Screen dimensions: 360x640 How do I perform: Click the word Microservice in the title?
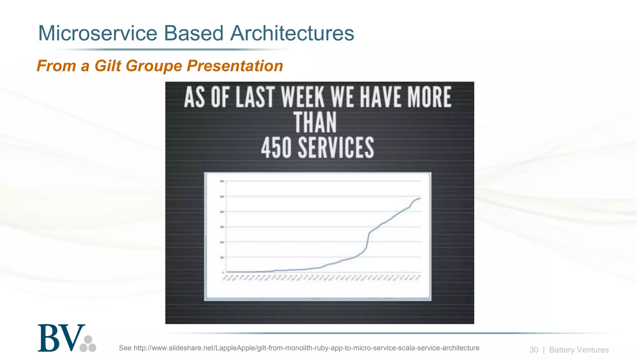(97, 33)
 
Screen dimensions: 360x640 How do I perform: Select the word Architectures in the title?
(292, 33)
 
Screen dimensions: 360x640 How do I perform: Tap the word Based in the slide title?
(194, 33)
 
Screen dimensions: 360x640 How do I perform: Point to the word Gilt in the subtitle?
(107, 66)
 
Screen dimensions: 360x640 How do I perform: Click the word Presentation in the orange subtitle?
(235, 66)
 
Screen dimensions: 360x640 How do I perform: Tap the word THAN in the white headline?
(315, 122)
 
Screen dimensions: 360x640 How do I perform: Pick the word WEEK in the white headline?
(303, 97)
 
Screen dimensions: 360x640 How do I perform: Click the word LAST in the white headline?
(255, 97)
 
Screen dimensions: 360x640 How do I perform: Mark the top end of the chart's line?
(420, 198)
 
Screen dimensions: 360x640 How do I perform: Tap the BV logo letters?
(61, 338)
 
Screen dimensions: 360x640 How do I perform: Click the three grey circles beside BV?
(88, 344)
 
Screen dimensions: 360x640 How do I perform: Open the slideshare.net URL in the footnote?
(306, 348)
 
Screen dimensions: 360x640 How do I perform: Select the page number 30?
(534, 350)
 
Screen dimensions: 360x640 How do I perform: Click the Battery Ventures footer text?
(579, 350)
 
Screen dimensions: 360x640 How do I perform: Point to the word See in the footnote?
(125, 348)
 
